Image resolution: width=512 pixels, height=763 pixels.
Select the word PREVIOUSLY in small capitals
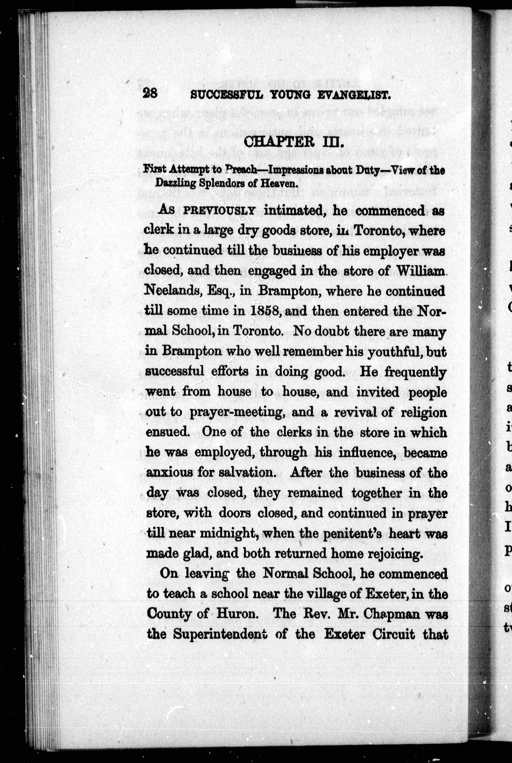pyautogui.click(x=219, y=210)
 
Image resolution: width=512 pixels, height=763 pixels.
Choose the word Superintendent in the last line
pyautogui.click(x=220, y=634)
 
